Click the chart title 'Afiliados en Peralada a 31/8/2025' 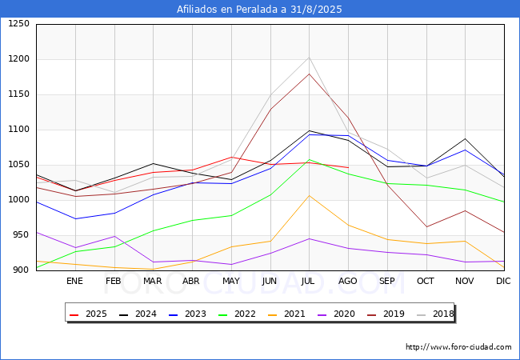(259, 9)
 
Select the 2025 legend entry (88, 314)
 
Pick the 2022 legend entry (237, 314)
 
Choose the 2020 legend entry (336, 314)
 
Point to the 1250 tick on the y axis (18, 24)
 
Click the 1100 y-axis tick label (18, 130)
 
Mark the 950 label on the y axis (22, 234)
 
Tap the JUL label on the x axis (308, 281)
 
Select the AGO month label (347, 281)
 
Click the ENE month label (74, 281)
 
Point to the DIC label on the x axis (503, 281)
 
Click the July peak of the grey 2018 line (309, 58)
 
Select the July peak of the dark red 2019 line (309, 74)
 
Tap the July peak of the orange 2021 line (309, 195)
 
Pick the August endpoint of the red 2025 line (348, 167)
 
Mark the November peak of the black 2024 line (466, 138)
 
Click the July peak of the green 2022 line (309, 160)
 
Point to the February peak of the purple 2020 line (114, 236)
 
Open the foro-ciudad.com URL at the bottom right (458, 346)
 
